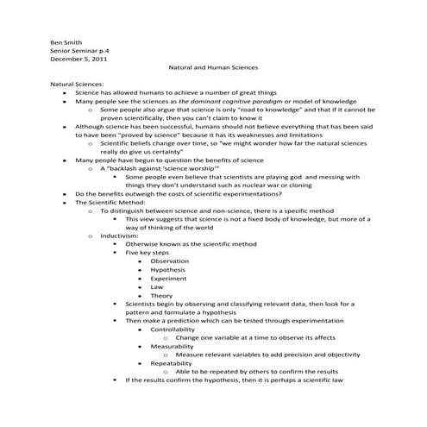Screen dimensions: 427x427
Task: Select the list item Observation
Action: point(170,261)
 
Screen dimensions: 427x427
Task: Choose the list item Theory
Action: point(161,295)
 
